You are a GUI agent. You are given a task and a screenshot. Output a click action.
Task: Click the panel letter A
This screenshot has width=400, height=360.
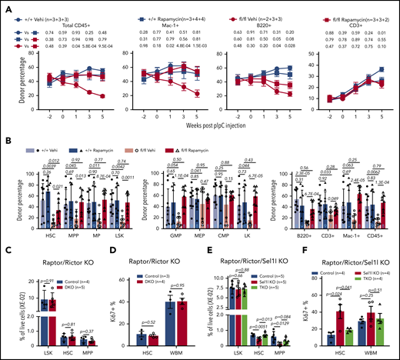pos(5,5)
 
